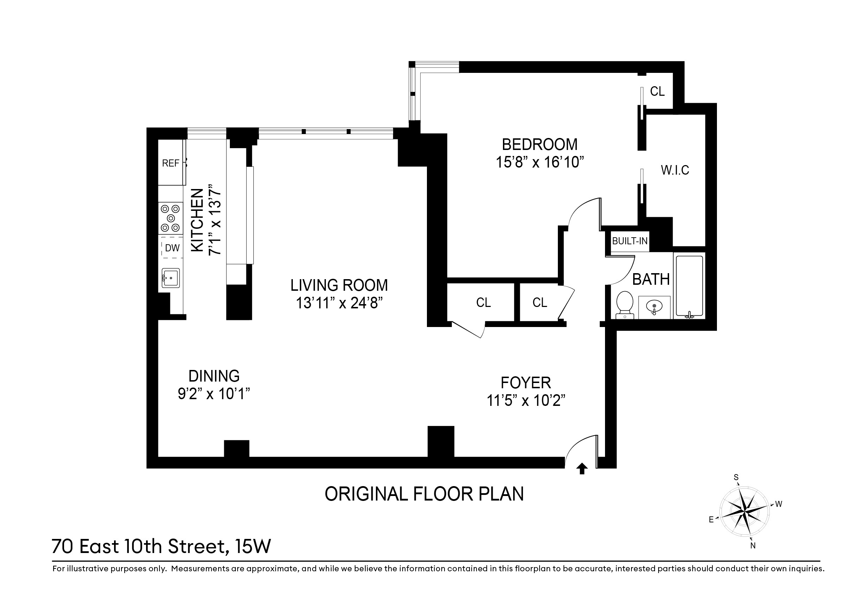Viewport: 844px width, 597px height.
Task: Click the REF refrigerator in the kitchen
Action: coord(171,163)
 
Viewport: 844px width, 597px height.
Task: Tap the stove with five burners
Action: coord(171,218)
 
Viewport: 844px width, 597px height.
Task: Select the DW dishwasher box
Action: coord(172,248)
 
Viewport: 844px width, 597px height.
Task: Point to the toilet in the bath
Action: coord(624,304)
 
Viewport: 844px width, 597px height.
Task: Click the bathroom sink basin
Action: coord(654,306)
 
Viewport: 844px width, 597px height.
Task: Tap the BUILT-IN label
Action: coord(630,241)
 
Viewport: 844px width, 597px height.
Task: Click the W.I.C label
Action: coord(675,170)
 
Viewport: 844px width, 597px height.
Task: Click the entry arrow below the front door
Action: coord(581,469)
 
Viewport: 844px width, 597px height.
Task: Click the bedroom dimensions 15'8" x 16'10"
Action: coord(540,162)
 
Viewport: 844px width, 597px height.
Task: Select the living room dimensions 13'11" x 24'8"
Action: coord(339,303)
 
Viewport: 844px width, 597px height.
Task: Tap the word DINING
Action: coord(214,376)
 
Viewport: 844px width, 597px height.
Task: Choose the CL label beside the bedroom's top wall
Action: coord(657,91)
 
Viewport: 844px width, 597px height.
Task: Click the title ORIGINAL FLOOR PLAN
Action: coord(424,494)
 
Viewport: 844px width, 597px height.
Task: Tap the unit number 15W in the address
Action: coord(253,546)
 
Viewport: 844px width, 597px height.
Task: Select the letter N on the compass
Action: coord(753,546)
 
